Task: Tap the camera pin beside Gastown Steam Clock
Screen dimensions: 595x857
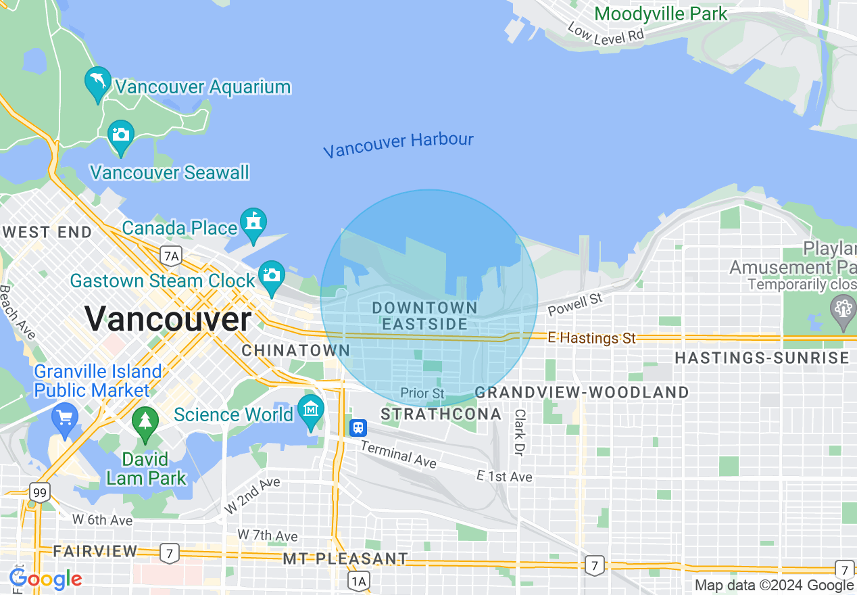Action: [271, 276]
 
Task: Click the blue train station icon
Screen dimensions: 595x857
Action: [358, 427]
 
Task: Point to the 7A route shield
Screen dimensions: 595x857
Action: [171, 256]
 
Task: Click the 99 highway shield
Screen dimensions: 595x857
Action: [40, 493]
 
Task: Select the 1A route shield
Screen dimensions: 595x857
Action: [359, 580]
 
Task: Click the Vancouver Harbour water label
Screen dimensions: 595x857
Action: [398, 144]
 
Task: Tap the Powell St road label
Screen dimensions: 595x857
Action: [574, 304]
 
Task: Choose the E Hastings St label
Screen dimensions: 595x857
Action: [592, 337]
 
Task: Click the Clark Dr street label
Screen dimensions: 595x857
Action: [519, 431]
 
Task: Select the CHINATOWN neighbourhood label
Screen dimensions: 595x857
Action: [295, 350]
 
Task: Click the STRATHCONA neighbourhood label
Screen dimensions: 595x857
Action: [441, 414]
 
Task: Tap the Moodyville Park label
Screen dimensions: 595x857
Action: [661, 14]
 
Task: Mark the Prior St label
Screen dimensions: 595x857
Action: [422, 393]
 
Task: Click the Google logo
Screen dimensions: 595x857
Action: [45, 579]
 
